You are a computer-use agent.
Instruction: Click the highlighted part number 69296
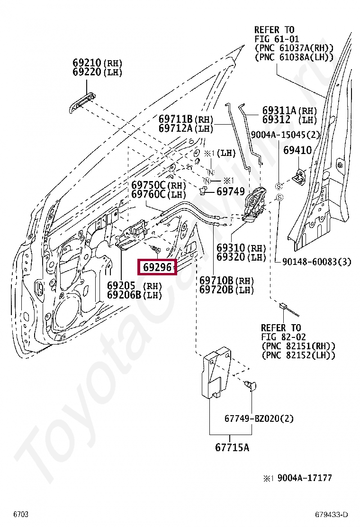157,267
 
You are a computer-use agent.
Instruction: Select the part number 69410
297,150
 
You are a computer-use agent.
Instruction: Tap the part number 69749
231,191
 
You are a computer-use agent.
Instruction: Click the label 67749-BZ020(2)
259,418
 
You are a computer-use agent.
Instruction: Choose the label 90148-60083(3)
316,261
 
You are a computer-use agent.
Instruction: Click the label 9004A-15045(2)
285,135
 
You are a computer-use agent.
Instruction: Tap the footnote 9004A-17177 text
305,478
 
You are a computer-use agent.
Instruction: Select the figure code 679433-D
332,515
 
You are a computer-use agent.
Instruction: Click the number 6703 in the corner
21,514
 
